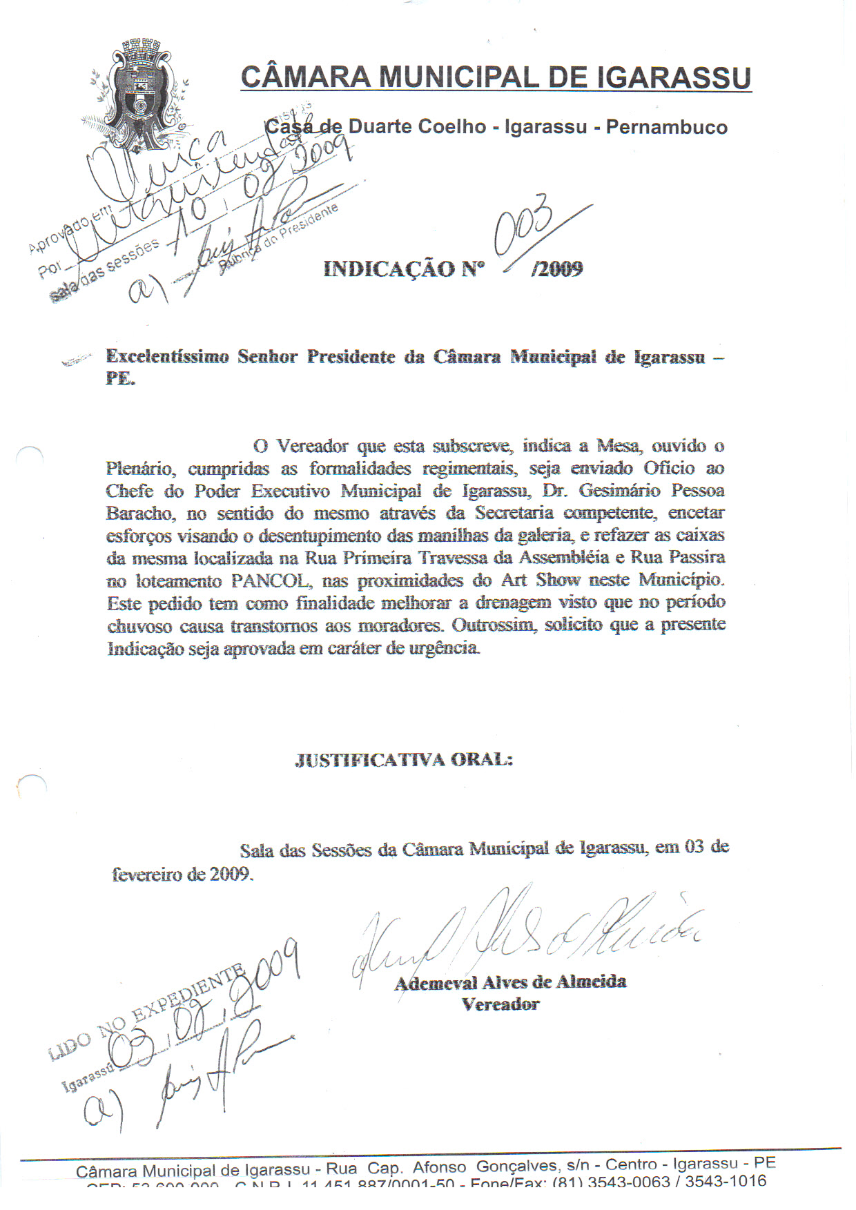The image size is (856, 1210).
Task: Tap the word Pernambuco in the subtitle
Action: [x=666, y=127]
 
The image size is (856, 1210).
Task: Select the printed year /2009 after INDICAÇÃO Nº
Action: [x=556, y=269]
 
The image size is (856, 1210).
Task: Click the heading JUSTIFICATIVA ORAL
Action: [x=404, y=760]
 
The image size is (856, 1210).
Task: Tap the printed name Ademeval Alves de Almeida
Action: [x=510, y=982]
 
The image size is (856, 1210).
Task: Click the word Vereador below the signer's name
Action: [x=500, y=1004]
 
